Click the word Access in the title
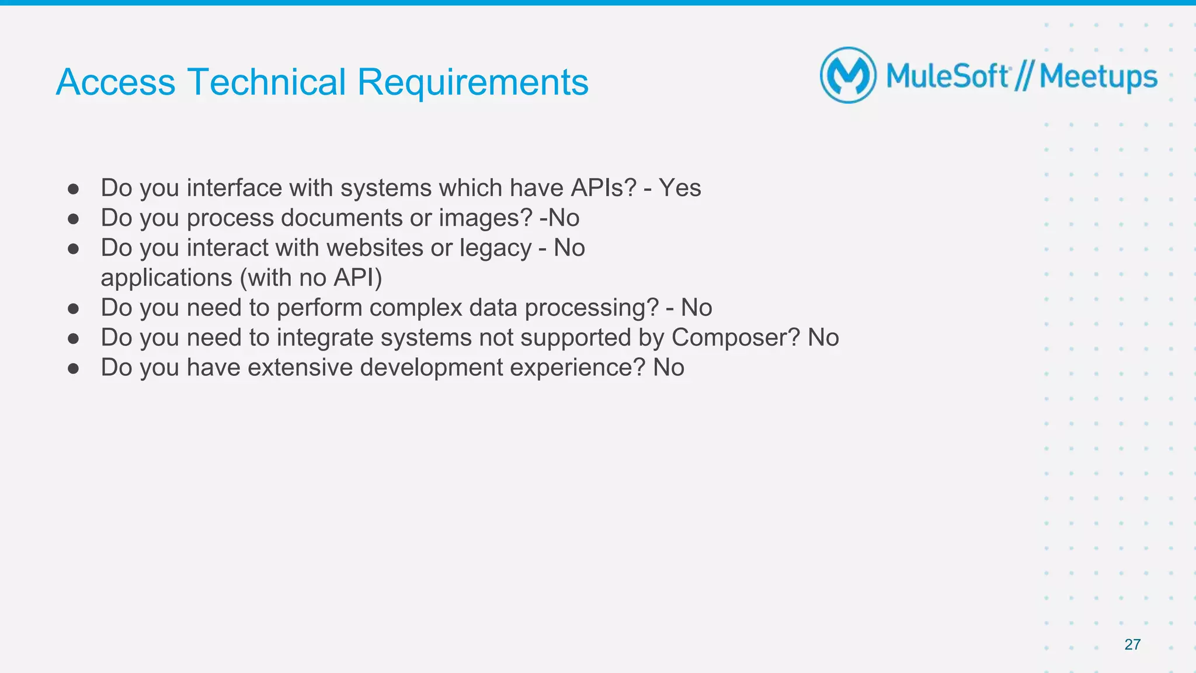tap(116, 82)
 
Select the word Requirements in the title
tap(472, 82)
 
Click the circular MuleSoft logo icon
tap(848, 75)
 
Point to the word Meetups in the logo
tap(1098, 77)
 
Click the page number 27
tap(1132, 644)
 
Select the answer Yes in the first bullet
tap(680, 188)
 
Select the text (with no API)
tap(311, 278)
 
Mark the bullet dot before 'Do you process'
tap(73, 219)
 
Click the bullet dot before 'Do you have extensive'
tap(73, 368)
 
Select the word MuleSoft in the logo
tap(947, 76)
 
